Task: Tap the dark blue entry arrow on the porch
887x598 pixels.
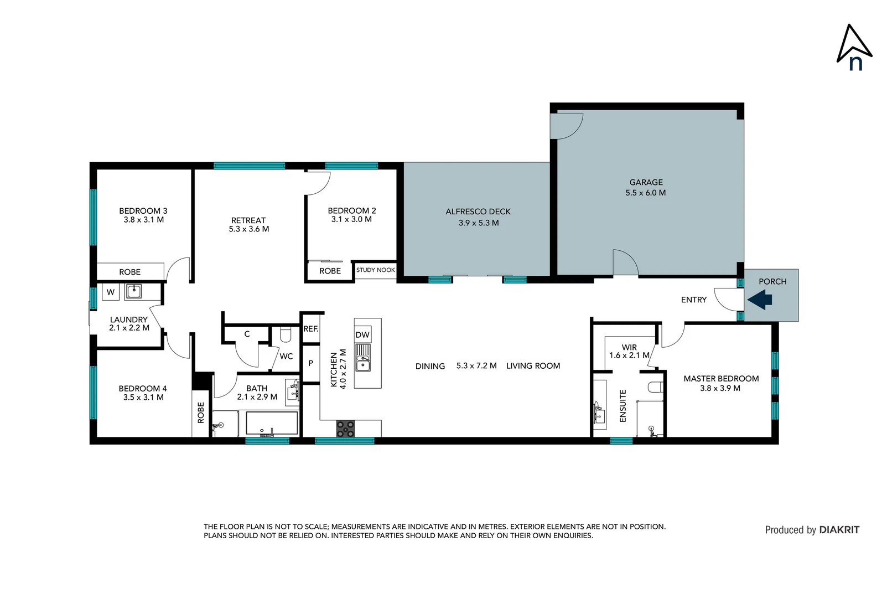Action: pos(760,300)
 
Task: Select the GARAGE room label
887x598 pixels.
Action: pos(646,182)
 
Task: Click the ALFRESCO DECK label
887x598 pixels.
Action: pos(478,212)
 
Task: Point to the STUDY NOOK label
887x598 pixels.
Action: pos(375,270)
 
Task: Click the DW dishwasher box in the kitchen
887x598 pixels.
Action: pos(362,334)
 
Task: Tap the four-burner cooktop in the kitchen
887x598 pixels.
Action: pos(346,429)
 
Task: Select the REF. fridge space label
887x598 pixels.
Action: pos(310,329)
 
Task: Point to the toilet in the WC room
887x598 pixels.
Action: pos(286,335)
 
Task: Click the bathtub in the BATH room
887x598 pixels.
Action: pos(272,424)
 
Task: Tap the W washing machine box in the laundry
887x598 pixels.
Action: pos(111,292)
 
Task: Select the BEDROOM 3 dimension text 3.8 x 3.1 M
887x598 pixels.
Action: pos(143,220)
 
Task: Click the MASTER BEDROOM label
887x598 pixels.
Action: pos(721,379)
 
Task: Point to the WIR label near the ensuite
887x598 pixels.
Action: pos(629,347)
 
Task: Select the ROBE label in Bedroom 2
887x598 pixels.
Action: pos(330,271)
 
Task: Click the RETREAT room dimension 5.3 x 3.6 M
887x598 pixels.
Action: pos(249,229)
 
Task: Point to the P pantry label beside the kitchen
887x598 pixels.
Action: pos(310,363)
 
